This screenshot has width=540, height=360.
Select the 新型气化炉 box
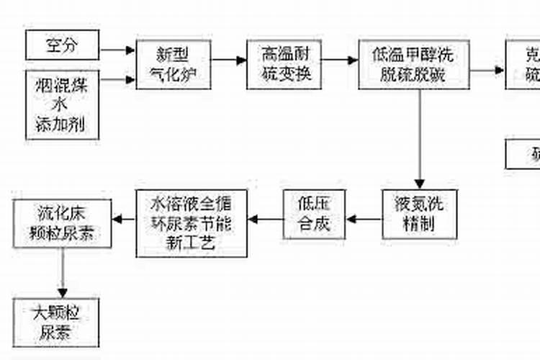(x=174, y=64)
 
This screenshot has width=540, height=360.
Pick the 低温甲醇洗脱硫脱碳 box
(x=414, y=64)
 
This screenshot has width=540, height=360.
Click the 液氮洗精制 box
(x=418, y=215)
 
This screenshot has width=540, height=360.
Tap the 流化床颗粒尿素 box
(x=62, y=223)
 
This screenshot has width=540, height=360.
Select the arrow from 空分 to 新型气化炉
(x=118, y=50)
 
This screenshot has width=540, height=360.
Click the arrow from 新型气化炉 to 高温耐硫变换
(x=229, y=61)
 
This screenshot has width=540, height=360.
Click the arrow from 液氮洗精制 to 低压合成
(x=364, y=219)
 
